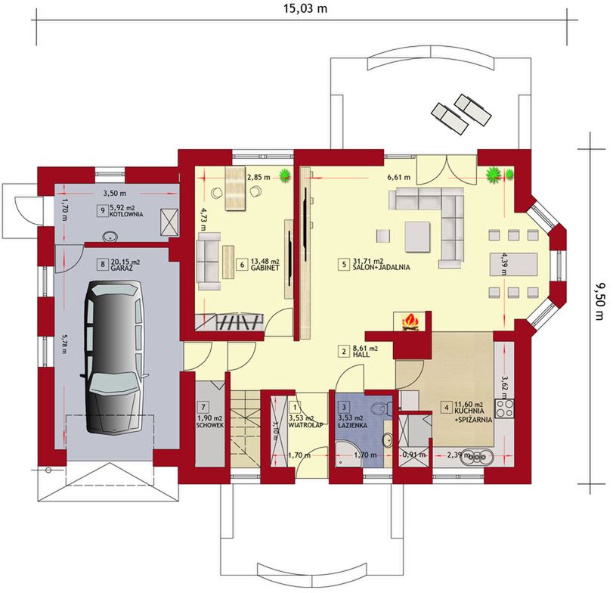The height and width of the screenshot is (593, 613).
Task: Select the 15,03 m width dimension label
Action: (x=305, y=8)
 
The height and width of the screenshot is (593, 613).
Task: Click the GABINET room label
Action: (x=265, y=268)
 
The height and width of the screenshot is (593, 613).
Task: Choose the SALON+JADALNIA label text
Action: (x=381, y=268)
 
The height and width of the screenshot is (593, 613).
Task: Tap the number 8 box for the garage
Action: (x=103, y=265)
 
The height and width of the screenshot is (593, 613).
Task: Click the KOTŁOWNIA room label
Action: (x=126, y=214)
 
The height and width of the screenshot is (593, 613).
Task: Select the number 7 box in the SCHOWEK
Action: (x=203, y=407)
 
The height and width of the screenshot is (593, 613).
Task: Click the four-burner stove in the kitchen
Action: (x=503, y=408)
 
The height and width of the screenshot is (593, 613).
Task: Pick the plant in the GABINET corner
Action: (x=285, y=175)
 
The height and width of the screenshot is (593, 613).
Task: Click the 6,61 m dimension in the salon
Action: (x=399, y=178)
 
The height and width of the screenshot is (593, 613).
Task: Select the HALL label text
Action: (x=361, y=354)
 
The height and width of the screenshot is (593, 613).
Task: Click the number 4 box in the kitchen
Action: (x=446, y=407)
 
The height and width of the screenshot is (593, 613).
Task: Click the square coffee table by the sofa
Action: (x=417, y=237)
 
